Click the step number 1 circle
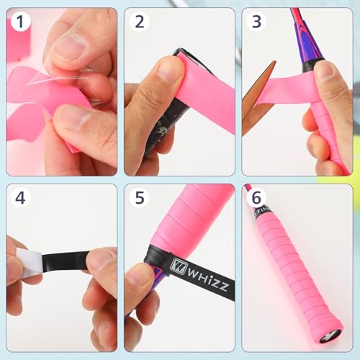click(x=21, y=22)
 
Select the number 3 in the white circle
click(x=256, y=22)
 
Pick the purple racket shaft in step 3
click(x=300, y=40)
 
